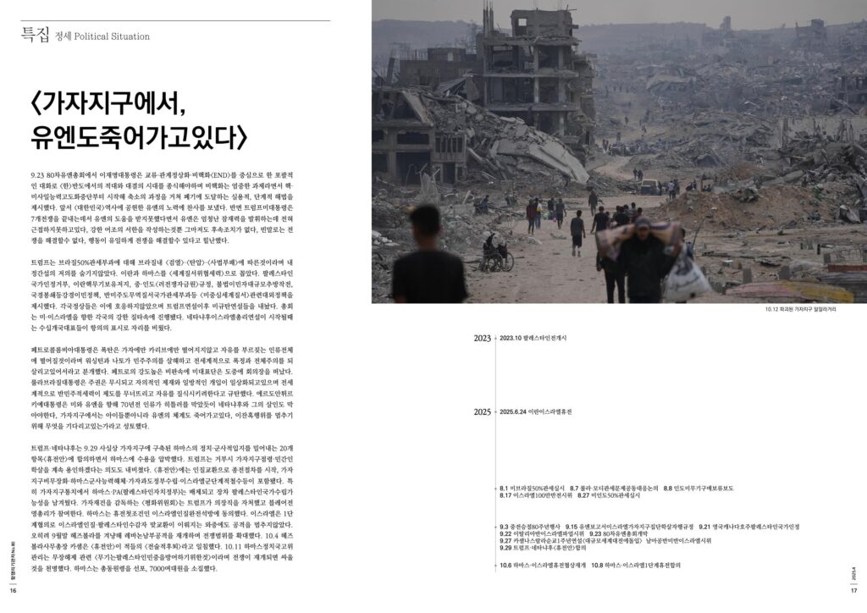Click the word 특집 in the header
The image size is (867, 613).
click(x=35, y=35)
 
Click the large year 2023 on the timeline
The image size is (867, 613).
click(x=483, y=339)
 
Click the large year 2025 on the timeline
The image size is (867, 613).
click(x=483, y=412)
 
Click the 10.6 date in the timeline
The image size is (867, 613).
click(x=508, y=566)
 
